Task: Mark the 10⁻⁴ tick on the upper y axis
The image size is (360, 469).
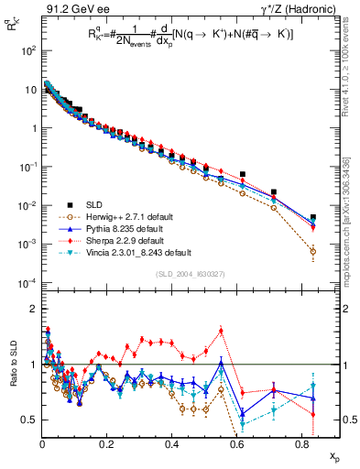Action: tap(28, 282)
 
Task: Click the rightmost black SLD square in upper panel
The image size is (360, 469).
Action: tap(313, 218)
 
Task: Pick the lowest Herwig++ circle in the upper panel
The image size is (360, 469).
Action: tap(313, 251)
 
